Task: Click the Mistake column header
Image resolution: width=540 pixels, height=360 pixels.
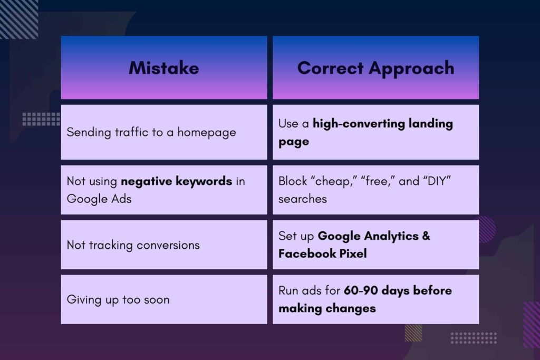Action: (x=164, y=68)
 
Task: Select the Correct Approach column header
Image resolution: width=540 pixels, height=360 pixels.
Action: (x=375, y=68)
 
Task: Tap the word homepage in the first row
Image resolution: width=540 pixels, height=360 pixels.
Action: (x=207, y=132)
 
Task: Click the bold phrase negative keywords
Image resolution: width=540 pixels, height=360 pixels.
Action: (x=176, y=181)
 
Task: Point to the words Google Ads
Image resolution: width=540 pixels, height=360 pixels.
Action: (x=99, y=199)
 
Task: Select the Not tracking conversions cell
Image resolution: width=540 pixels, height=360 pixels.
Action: (x=164, y=245)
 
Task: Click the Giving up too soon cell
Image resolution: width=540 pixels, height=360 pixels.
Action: (x=164, y=299)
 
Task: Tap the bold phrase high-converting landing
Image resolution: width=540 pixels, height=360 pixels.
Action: (x=383, y=124)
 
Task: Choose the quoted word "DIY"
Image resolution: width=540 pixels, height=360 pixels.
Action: (x=437, y=181)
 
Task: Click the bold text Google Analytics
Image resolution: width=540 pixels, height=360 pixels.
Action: (x=368, y=236)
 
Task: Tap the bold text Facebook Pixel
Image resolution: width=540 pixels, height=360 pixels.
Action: (x=323, y=254)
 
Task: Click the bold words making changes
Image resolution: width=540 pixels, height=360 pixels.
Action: (x=327, y=308)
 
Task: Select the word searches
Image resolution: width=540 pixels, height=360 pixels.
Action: (x=302, y=199)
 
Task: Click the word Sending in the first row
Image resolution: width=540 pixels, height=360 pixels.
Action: (x=89, y=132)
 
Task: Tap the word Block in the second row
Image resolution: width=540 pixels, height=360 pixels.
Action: (x=293, y=181)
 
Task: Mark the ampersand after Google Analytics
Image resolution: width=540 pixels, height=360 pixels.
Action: (x=426, y=236)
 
